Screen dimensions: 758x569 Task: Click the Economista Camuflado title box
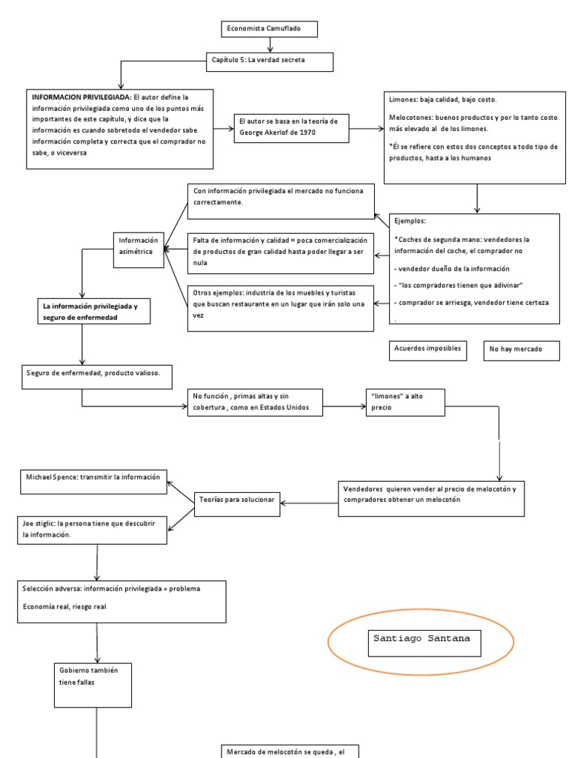coord(270,30)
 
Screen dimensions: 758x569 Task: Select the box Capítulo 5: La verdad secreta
coord(270,61)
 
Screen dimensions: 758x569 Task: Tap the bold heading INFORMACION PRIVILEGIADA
coord(81,97)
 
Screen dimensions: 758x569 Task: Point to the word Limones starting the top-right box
coord(403,99)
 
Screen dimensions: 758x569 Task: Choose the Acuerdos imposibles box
coord(427,348)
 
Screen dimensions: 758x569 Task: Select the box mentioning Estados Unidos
coord(255,403)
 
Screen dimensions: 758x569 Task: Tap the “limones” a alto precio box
coord(405,402)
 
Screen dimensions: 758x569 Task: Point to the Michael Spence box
coord(94,479)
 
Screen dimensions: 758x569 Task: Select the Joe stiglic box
coord(94,529)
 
